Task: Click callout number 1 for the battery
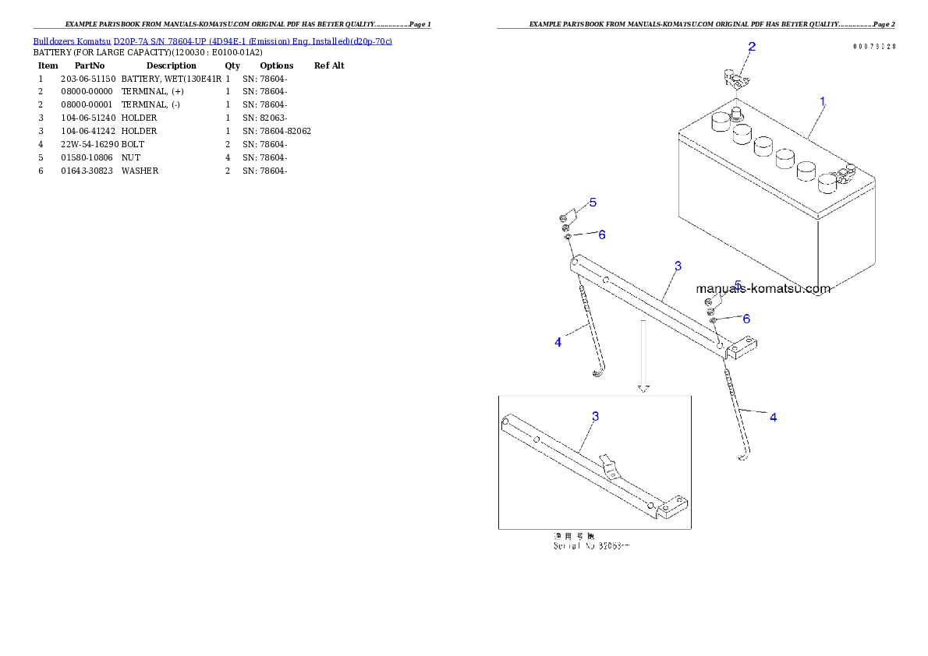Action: click(823, 101)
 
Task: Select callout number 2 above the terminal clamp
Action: click(752, 47)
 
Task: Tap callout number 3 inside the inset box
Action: click(595, 416)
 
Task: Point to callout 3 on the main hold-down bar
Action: click(678, 266)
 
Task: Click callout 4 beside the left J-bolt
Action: click(558, 342)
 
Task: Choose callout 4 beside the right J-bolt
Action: click(773, 418)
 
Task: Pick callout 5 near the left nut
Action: click(593, 203)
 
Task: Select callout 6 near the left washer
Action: click(601, 235)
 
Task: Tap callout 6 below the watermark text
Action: click(746, 319)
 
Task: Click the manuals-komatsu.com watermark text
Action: click(763, 289)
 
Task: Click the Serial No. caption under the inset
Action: click(591, 546)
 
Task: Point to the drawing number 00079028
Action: click(873, 47)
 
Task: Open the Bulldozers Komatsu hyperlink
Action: click(212, 41)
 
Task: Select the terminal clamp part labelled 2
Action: click(734, 79)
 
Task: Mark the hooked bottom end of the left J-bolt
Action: click(598, 375)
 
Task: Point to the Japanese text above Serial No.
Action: click(573, 537)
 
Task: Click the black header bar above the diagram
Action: click(696, 28)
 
